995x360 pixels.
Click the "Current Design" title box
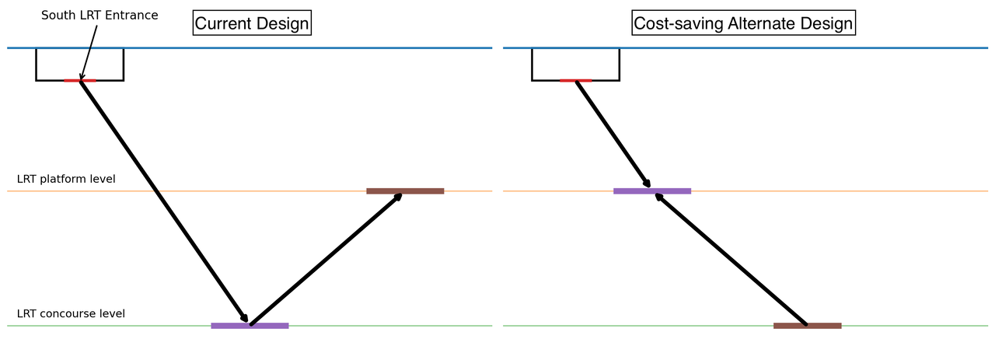click(251, 23)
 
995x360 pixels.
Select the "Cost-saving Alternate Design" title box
click(743, 23)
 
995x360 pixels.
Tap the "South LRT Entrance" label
click(99, 16)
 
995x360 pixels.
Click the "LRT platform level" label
click(66, 179)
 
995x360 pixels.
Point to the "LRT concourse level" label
click(71, 314)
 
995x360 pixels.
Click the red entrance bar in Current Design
click(79, 80)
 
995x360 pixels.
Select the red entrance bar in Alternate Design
click(575, 80)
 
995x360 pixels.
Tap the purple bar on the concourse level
click(250, 326)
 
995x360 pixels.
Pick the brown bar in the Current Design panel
click(405, 190)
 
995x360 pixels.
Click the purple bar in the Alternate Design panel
click(652, 190)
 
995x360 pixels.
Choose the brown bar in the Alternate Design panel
click(807, 326)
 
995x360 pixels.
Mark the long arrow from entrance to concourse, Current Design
click(163, 201)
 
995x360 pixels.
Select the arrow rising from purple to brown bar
click(326, 258)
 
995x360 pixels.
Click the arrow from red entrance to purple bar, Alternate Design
click(613, 134)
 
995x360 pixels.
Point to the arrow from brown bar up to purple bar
click(731, 258)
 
